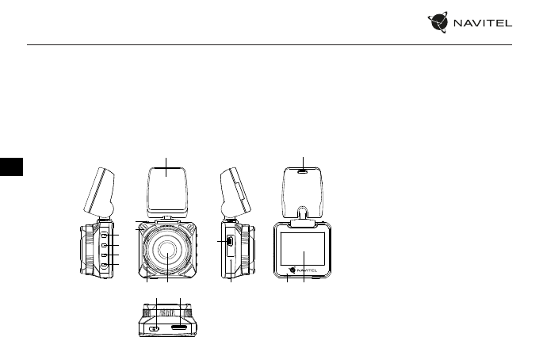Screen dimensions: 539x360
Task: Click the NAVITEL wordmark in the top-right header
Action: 483,23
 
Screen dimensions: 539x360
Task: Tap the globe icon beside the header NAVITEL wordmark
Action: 438,22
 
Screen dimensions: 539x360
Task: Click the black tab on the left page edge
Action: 11,167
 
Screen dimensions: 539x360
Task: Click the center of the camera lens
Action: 167,250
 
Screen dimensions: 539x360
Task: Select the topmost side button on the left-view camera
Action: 105,235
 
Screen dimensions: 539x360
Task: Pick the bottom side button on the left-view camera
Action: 105,264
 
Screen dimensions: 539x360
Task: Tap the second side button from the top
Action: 105,245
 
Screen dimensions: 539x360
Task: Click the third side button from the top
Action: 105,255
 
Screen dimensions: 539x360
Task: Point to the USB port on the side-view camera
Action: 230,241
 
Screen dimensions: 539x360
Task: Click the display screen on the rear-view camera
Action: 303,249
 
